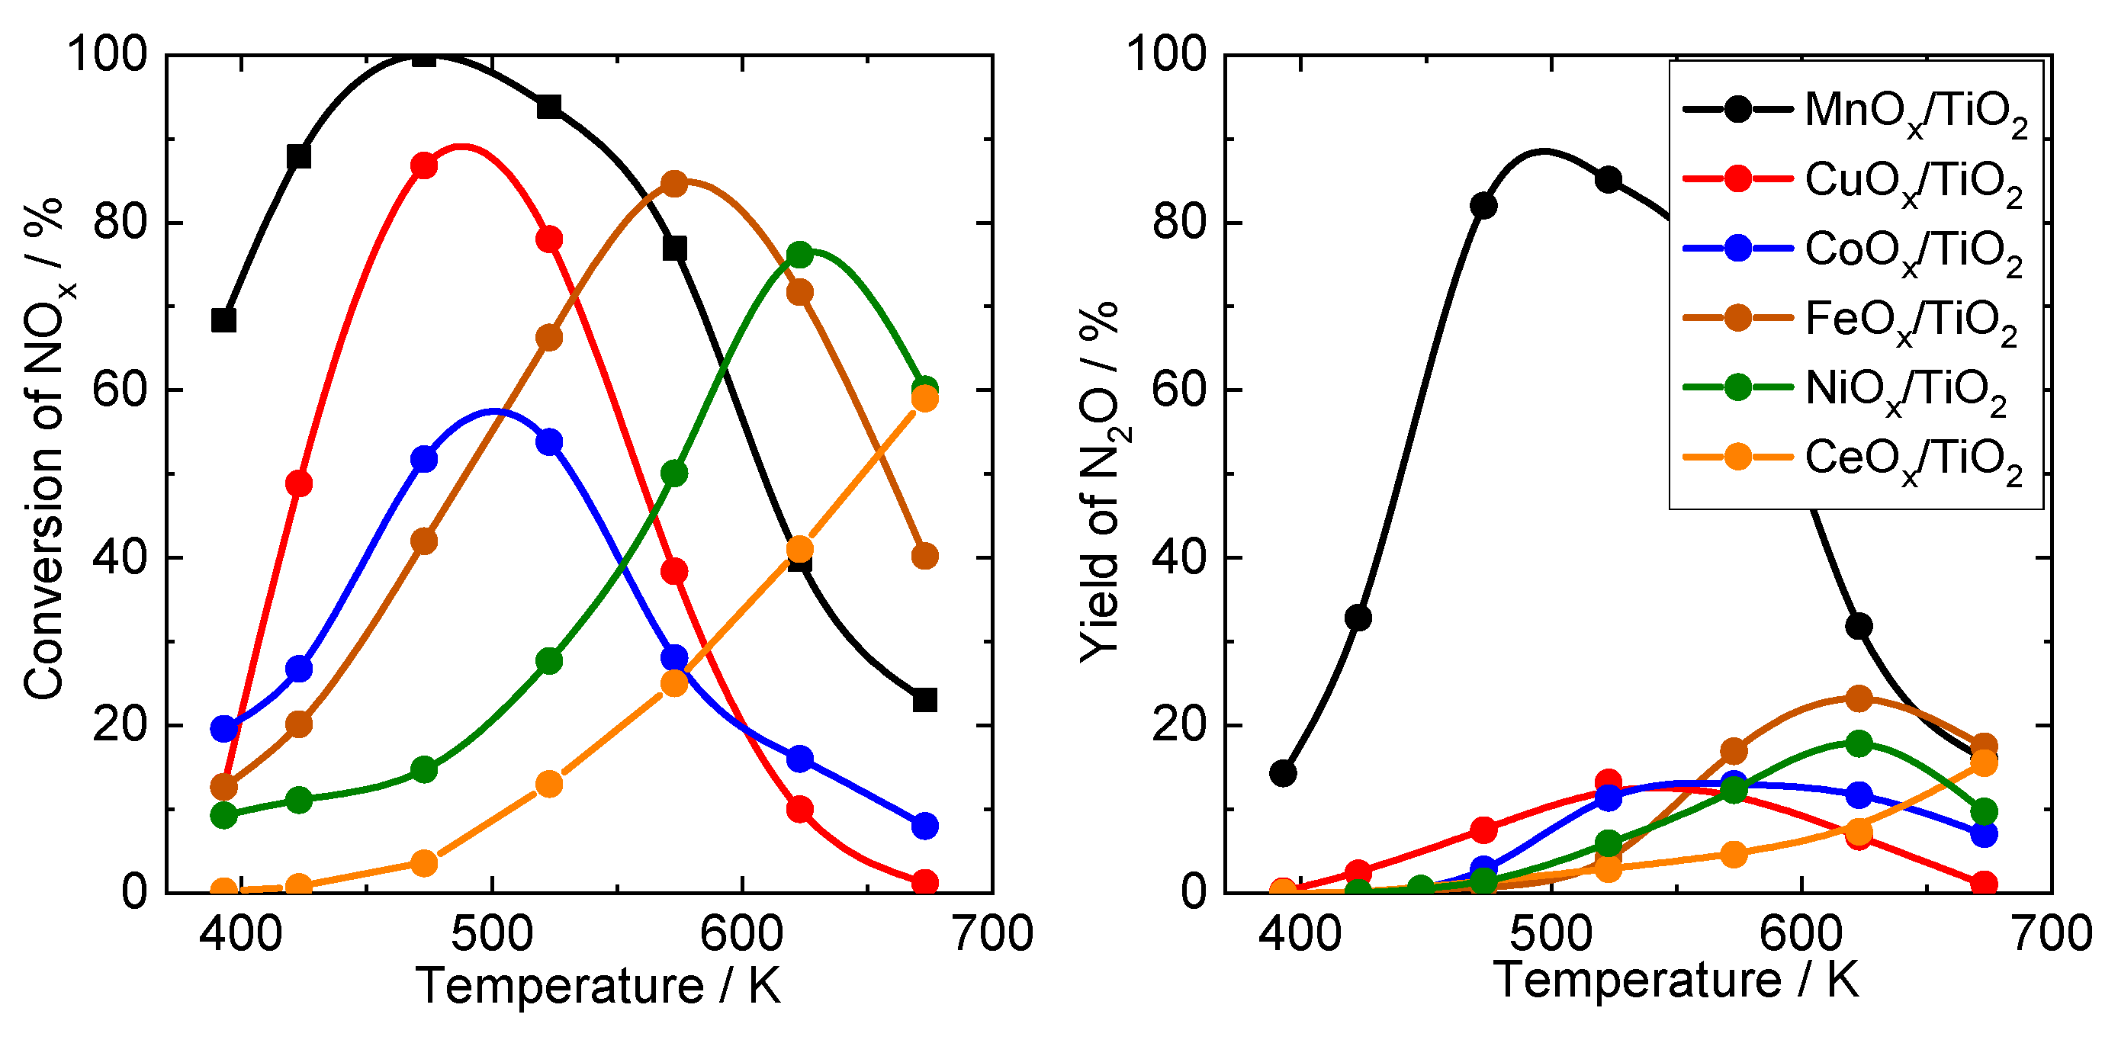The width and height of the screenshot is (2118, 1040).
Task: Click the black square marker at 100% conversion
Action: point(423,56)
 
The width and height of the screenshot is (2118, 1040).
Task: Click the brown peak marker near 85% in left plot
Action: point(674,185)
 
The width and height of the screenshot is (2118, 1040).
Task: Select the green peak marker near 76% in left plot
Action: point(800,255)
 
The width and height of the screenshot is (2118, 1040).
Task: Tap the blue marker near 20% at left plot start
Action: point(223,728)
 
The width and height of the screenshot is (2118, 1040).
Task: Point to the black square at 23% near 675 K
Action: point(925,700)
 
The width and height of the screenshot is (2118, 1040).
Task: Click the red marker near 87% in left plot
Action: point(423,165)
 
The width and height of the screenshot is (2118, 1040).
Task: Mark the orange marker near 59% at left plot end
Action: point(925,399)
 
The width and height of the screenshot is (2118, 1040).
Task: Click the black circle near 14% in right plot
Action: point(1284,773)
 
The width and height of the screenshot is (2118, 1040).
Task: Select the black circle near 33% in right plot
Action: point(1358,618)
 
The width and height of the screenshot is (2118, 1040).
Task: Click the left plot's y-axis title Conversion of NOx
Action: point(45,448)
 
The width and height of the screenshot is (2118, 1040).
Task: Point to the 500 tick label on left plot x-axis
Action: point(492,935)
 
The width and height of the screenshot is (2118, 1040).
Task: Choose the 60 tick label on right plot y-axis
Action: point(1178,390)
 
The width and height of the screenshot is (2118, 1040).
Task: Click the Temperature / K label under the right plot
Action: point(1676,980)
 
